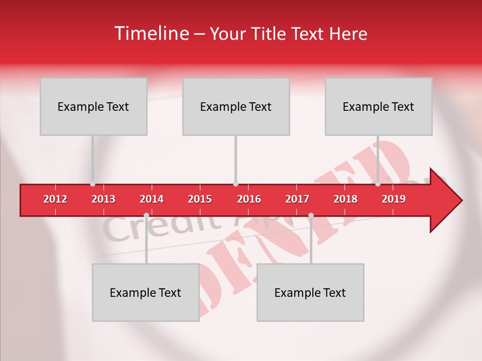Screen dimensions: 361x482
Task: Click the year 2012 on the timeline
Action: [x=55, y=199]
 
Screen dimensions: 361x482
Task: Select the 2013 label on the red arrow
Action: [x=103, y=199]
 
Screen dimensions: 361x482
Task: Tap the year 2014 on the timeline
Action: [x=152, y=199]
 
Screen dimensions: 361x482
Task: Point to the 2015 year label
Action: [x=200, y=199]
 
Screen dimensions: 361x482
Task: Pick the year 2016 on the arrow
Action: [x=249, y=199]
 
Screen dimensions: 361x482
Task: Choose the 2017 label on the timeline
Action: [x=297, y=199]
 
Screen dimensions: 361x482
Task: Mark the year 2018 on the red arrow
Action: [x=345, y=199]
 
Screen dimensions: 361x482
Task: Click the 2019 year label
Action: [x=394, y=199]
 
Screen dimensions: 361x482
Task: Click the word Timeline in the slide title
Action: [x=151, y=34]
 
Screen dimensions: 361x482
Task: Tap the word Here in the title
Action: [x=348, y=34]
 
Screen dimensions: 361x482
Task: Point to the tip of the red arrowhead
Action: [x=461, y=201]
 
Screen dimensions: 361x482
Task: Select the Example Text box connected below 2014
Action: [x=146, y=292]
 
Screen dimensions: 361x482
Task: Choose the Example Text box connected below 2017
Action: [x=310, y=292]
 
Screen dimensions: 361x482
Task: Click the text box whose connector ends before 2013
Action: [x=93, y=106]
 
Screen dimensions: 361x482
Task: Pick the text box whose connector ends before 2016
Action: [x=236, y=106]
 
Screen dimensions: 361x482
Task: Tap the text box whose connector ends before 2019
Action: [x=379, y=106]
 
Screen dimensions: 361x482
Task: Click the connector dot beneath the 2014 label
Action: [x=146, y=216]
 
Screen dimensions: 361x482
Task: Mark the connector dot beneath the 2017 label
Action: [x=311, y=216]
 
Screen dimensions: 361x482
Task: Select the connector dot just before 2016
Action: [x=235, y=184]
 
